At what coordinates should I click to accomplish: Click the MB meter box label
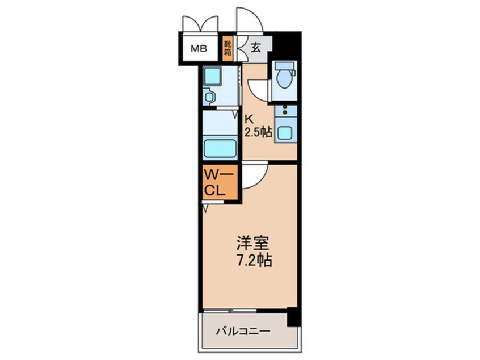pos(199,48)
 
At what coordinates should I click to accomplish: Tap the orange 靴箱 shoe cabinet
pos(227,48)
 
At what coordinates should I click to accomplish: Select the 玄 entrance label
pos(256,48)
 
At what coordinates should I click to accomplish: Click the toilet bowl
pos(284,78)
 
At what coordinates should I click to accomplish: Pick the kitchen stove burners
pos(285,110)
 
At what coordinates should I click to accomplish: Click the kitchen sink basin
pos(285,133)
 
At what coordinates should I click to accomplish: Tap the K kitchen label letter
pos(249,119)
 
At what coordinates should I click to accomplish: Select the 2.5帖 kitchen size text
pos(258,132)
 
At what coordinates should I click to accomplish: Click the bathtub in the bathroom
pos(220,149)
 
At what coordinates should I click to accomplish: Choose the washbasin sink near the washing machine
pos(209,97)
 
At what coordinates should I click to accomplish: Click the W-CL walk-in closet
pos(220,183)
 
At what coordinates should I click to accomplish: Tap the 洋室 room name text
pos(253,243)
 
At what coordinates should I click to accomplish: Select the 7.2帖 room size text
pos(254,261)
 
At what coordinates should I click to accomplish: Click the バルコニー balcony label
pos(243,331)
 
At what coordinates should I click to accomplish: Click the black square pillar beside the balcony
pos(294,317)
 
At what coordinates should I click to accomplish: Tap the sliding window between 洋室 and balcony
pos(230,311)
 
